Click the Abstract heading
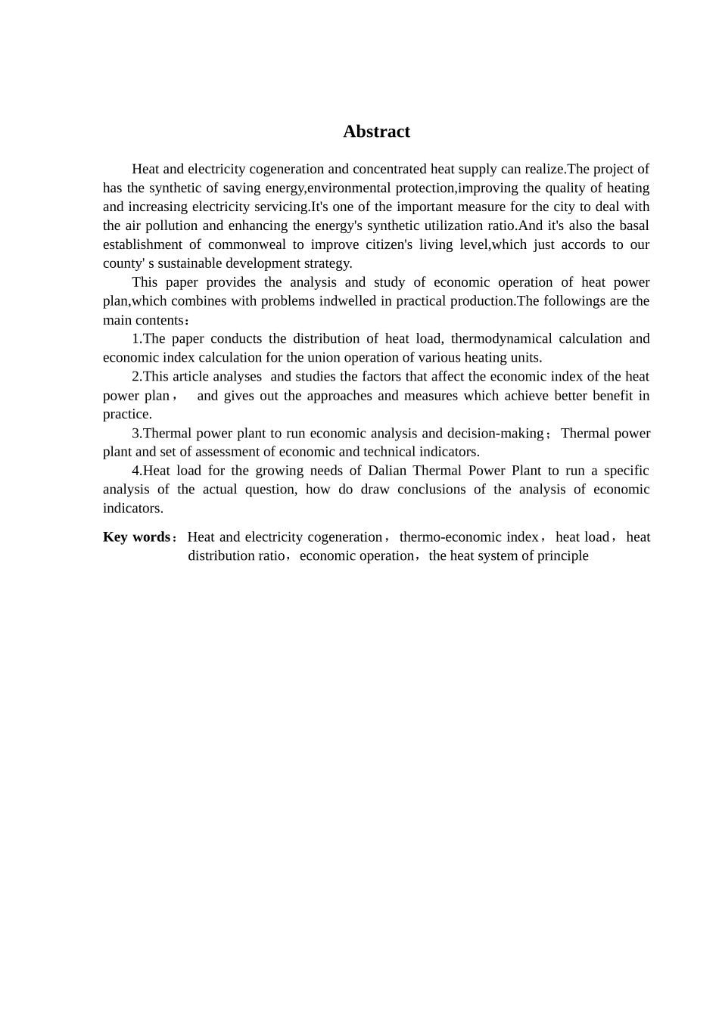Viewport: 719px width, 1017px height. click(376, 132)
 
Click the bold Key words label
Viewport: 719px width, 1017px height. click(137, 537)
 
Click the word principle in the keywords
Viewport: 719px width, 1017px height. click(564, 556)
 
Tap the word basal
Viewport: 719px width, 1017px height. click(633, 225)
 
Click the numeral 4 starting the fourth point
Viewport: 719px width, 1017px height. click(135, 471)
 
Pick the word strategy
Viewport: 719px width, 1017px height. click(326, 263)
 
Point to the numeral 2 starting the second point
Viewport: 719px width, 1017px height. click(135, 377)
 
